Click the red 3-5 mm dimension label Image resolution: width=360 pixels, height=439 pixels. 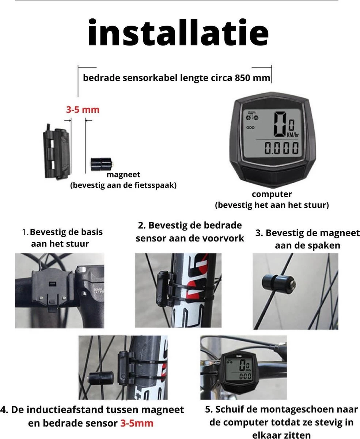click(x=82, y=109)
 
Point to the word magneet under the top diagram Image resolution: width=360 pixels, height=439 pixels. click(x=123, y=175)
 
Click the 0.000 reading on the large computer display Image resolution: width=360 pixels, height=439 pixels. click(x=281, y=149)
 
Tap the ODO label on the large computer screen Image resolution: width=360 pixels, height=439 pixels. click(x=250, y=128)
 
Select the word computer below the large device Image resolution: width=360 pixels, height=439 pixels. click(x=272, y=195)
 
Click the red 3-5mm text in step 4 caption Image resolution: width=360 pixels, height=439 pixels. click(x=137, y=423)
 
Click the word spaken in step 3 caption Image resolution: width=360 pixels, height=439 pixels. click(x=325, y=245)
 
